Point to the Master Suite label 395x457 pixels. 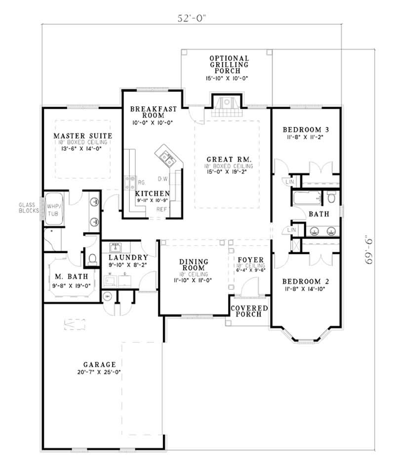tap(82, 136)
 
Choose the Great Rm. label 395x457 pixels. tap(229, 160)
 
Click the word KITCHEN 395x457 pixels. tap(153, 193)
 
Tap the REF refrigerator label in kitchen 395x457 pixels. tap(161, 209)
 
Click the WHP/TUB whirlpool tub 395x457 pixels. tap(52, 210)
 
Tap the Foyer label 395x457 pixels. tap(250, 260)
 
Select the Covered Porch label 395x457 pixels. tap(250, 312)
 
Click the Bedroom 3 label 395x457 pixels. tap(306, 130)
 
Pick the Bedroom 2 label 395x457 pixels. tap(306, 282)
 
